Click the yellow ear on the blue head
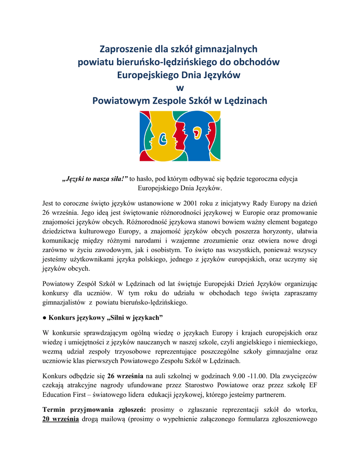click(x=197, y=133)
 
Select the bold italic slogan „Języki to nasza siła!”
click(x=95, y=179)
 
